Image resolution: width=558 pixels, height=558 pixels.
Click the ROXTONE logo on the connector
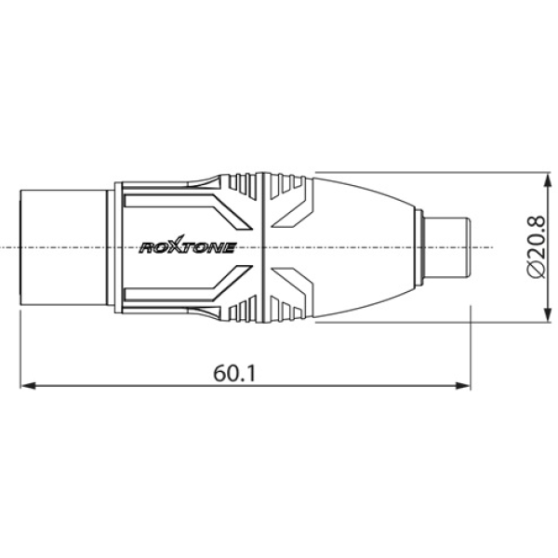pyautogui.click(x=187, y=247)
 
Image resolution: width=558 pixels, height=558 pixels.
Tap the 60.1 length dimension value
pyautogui.click(x=235, y=373)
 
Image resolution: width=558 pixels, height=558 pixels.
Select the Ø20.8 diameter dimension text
pyautogui.click(x=535, y=246)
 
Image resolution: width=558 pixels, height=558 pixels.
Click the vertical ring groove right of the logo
pyautogui.click(x=266, y=247)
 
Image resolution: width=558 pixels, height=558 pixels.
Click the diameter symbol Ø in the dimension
pyautogui.click(x=535, y=271)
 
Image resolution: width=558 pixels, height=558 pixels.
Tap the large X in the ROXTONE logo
pyautogui.click(x=178, y=247)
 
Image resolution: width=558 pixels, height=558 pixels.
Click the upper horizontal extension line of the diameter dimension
pyautogui.click(x=418, y=172)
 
